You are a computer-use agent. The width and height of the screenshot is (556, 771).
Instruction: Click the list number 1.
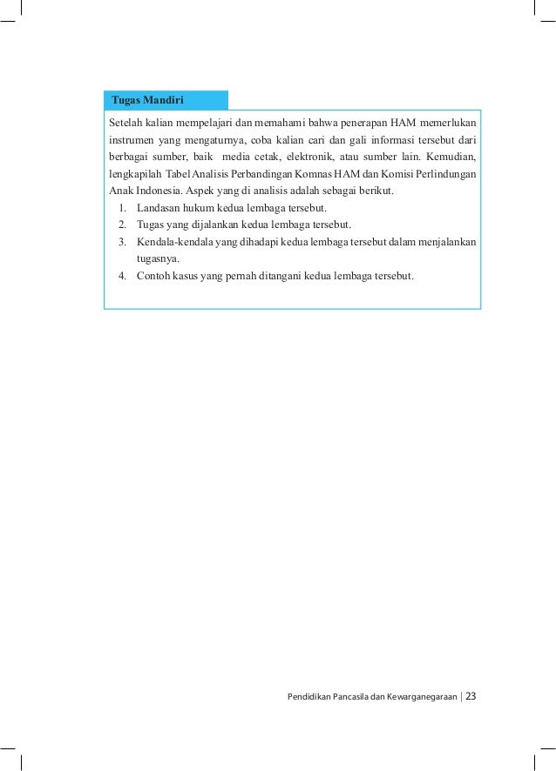click(x=124, y=208)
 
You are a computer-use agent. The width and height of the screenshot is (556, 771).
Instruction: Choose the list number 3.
click(x=124, y=242)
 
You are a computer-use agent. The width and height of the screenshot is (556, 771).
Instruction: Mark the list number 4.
click(x=124, y=277)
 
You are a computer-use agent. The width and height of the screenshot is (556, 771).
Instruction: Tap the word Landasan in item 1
click(x=159, y=208)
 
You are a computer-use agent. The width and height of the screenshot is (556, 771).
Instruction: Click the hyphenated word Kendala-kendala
click(x=178, y=242)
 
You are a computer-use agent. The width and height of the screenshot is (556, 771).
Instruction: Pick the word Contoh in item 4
click(x=154, y=277)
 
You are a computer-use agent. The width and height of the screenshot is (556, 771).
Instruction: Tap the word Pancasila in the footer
click(x=360, y=696)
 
